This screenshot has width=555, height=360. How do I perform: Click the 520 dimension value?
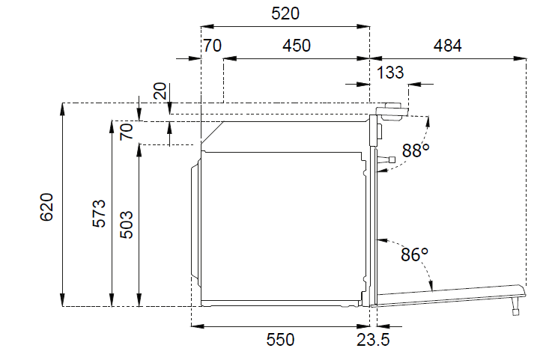(x=285, y=13)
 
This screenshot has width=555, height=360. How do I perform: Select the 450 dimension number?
(x=296, y=46)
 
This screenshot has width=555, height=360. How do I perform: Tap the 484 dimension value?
(x=448, y=46)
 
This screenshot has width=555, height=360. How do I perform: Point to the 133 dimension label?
(x=391, y=73)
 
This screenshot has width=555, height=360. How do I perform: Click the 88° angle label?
(x=416, y=150)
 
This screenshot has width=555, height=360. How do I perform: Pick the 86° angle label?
(x=413, y=254)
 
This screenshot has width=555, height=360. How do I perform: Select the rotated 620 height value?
(x=46, y=207)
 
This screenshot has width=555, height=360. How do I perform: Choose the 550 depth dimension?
(x=280, y=341)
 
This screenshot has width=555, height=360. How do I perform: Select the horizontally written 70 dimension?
(x=212, y=46)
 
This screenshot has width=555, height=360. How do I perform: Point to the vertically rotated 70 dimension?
(x=127, y=132)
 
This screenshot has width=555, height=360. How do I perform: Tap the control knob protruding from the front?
(x=389, y=159)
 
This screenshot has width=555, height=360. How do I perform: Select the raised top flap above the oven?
(x=392, y=110)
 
